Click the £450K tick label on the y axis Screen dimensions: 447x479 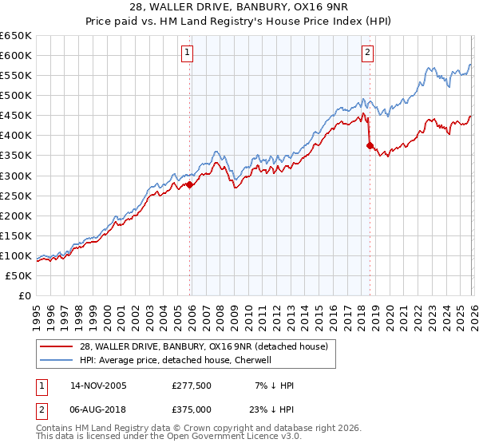16,115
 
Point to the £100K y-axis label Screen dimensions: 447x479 16,255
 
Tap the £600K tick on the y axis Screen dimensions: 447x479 16,55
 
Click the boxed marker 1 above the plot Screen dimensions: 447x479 187,53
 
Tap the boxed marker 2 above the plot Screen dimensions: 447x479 367,53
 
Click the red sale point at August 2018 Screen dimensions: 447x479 370,145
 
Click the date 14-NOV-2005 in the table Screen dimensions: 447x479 99,386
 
